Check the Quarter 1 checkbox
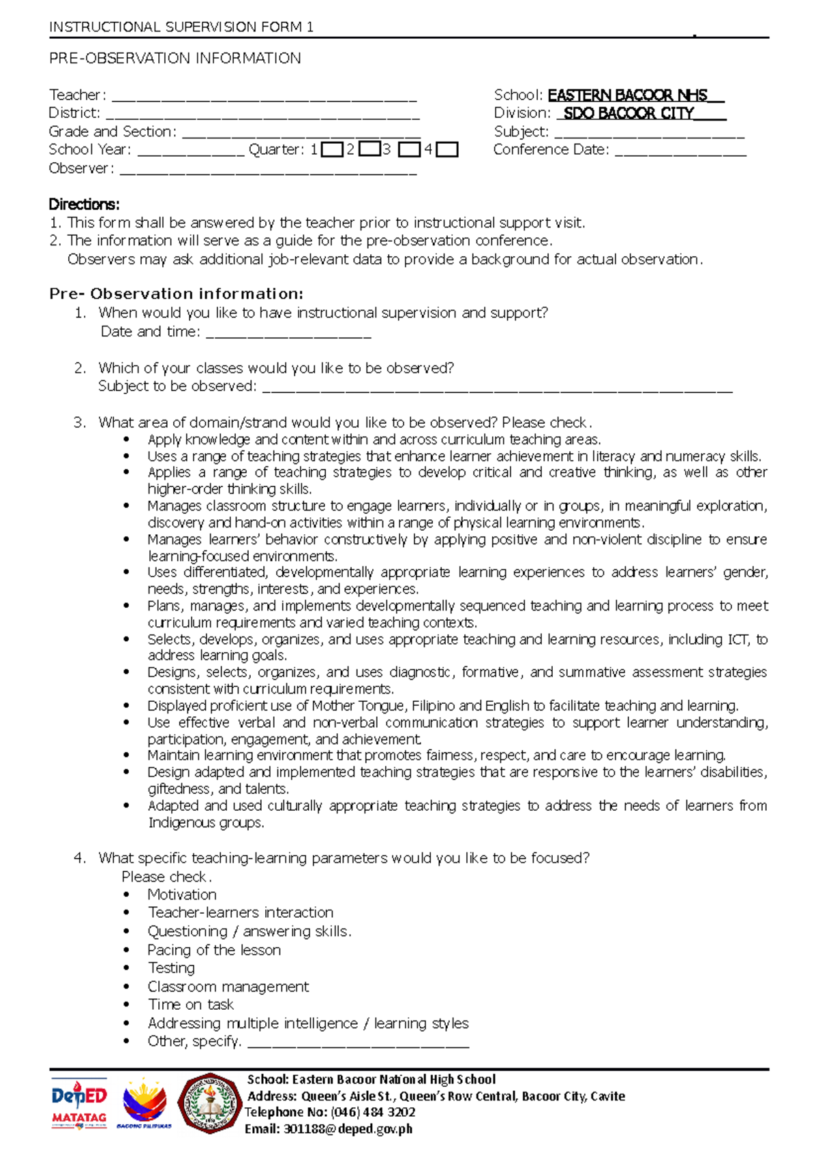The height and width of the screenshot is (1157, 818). click(x=332, y=149)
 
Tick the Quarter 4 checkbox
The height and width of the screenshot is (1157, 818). click(x=447, y=149)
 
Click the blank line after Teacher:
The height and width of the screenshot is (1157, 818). click(x=264, y=96)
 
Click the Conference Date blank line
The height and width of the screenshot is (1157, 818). click(x=680, y=151)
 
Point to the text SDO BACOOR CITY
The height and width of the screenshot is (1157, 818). click(x=628, y=114)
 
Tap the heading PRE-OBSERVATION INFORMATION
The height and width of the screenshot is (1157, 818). click(x=175, y=59)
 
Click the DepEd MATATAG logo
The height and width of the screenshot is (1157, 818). click(x=79, y=1105)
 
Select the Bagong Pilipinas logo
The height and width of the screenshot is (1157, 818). click(x=144, y=1105)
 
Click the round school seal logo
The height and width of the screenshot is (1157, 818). click(x=210, y=1103)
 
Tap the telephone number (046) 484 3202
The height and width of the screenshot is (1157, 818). click(x=373, y=1112)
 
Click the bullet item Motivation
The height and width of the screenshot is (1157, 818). click(x=182, y=895)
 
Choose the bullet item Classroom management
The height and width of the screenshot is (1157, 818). click(x=228, y=987)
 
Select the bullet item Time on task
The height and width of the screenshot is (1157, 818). click(x=191, y=1004)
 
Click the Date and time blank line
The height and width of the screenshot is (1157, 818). click(x=288, y=333)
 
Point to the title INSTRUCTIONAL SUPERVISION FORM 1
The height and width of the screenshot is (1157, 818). click(x=181, y=27)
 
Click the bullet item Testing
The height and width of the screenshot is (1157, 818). click(x=171, y=968)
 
